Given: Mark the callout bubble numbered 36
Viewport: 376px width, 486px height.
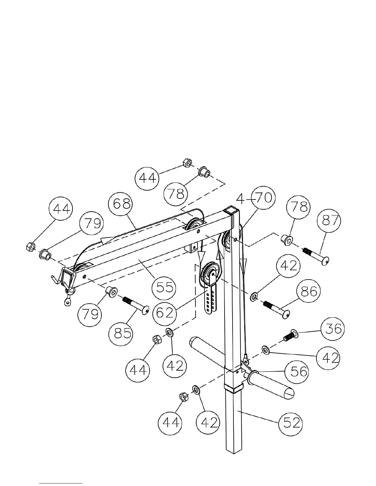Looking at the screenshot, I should coord(333,329).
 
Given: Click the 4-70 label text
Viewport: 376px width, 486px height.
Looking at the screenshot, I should coord(254,198).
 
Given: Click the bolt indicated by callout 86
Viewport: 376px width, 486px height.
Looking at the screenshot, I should coord(276,308).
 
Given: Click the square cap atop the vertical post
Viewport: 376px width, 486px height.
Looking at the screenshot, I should coord(231,211).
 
